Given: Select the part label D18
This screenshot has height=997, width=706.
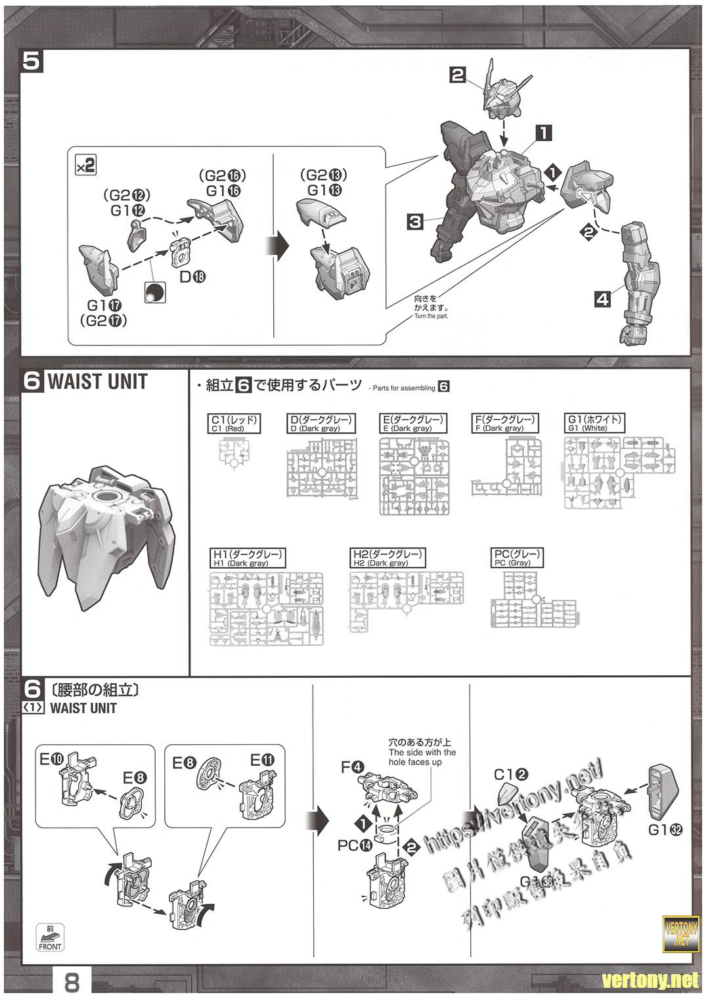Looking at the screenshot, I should click(192, 277).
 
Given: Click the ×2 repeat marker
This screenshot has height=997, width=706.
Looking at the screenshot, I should click(85, 166).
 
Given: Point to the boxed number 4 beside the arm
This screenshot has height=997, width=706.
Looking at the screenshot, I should click(602, 299).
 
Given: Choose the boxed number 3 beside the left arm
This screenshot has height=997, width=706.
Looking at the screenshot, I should click(415, 221).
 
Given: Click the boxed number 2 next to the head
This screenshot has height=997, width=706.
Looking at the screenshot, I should click(458, 75).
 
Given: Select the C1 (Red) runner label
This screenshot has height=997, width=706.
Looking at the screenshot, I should click(234, 424).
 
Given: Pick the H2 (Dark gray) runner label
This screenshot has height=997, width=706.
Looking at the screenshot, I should click(387, 558).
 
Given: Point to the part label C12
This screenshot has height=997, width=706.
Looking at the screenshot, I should click(511, 775).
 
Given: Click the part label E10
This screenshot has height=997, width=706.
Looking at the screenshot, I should click(53, 759).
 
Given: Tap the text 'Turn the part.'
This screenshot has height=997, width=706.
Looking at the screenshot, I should click(430, 317).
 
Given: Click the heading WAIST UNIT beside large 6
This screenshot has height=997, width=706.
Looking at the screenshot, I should click(97, 382).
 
